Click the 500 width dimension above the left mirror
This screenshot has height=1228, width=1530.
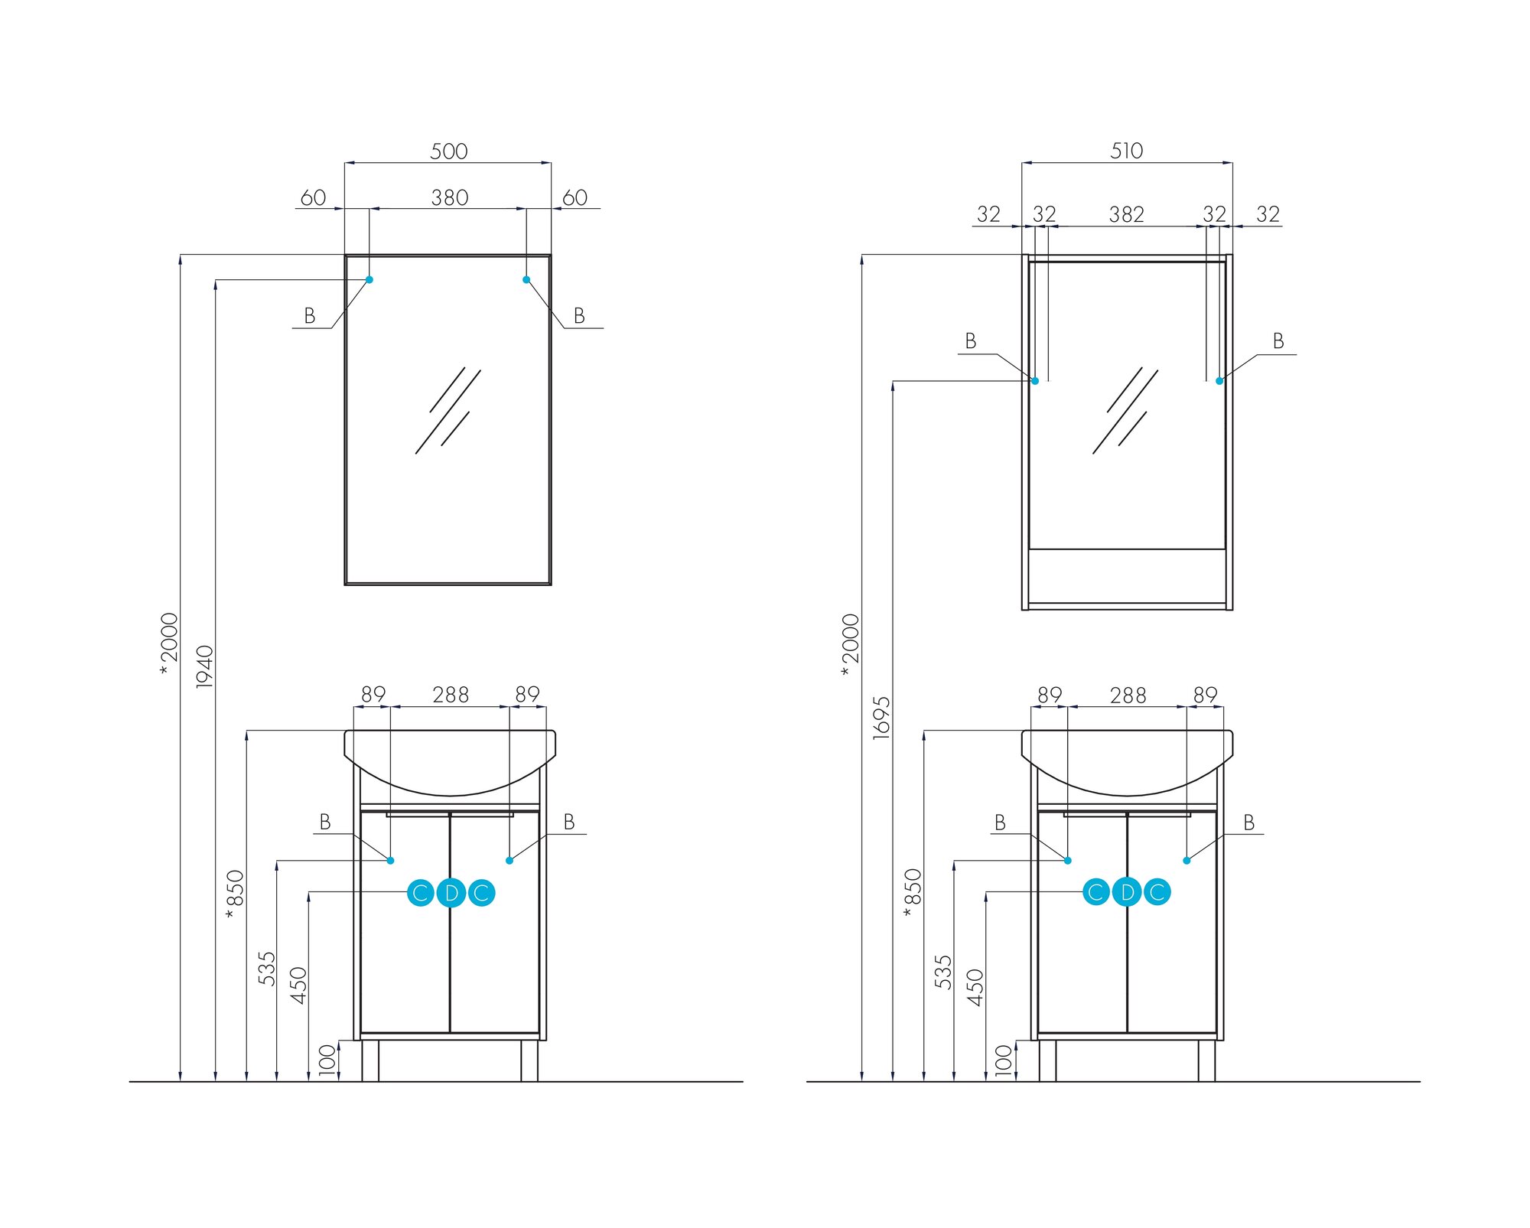(x=448, y=151)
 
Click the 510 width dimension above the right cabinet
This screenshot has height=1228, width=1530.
(x=1126, y=151)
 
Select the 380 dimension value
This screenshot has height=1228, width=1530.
(x=449, y=198)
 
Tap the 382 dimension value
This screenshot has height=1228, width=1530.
(x=1126, y=214)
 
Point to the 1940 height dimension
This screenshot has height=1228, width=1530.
(x=205, y=666)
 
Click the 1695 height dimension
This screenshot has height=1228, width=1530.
(x=882, y=717)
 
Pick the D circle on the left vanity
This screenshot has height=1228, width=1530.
(x=451, y=893)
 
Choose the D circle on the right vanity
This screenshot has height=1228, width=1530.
(x=1126, y=892)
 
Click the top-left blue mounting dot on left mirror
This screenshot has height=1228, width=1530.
(x=369, y=280)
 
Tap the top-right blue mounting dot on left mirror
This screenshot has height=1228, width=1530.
(x=526, y=280)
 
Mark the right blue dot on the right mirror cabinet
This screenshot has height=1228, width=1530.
(x=1219, y=381)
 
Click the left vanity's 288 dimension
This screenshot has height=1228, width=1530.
(x=451, y=695)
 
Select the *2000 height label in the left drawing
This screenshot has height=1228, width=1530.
(x=168, y=643)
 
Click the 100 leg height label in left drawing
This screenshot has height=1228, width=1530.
(x=327, y=1060)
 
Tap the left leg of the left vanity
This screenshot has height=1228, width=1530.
(x=370, y=1060)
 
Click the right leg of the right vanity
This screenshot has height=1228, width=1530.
(x=1206, y=1060)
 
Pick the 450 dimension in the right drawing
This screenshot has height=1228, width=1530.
(x=975, y=987)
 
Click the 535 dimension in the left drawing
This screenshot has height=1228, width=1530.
(x=266, y=969)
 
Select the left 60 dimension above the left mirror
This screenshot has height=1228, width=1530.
(x=313, y=198)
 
